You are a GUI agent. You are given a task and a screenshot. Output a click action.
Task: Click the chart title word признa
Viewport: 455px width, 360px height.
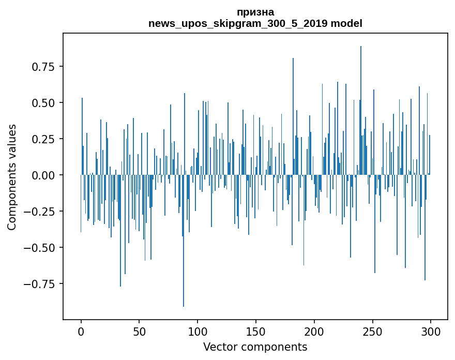[255, 12]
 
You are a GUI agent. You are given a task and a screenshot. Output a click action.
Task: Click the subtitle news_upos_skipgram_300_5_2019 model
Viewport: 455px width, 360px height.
[255, 23]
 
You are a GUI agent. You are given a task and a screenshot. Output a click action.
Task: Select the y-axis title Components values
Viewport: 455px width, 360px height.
[12, 177]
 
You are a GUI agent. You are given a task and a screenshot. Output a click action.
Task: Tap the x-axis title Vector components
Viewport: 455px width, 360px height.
[255, 347]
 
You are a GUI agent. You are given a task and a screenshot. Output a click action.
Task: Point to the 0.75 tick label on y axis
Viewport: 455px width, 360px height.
[43, 67]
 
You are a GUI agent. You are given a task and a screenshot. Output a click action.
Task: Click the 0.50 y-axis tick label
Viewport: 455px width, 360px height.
[43, 103]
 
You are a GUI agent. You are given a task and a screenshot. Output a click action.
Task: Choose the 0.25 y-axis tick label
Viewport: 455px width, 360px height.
[43, 139]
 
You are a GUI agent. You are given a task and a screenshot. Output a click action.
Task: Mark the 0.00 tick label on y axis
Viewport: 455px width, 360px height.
[43, 175]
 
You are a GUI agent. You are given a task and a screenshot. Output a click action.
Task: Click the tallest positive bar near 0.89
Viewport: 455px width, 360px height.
[361, 103]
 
